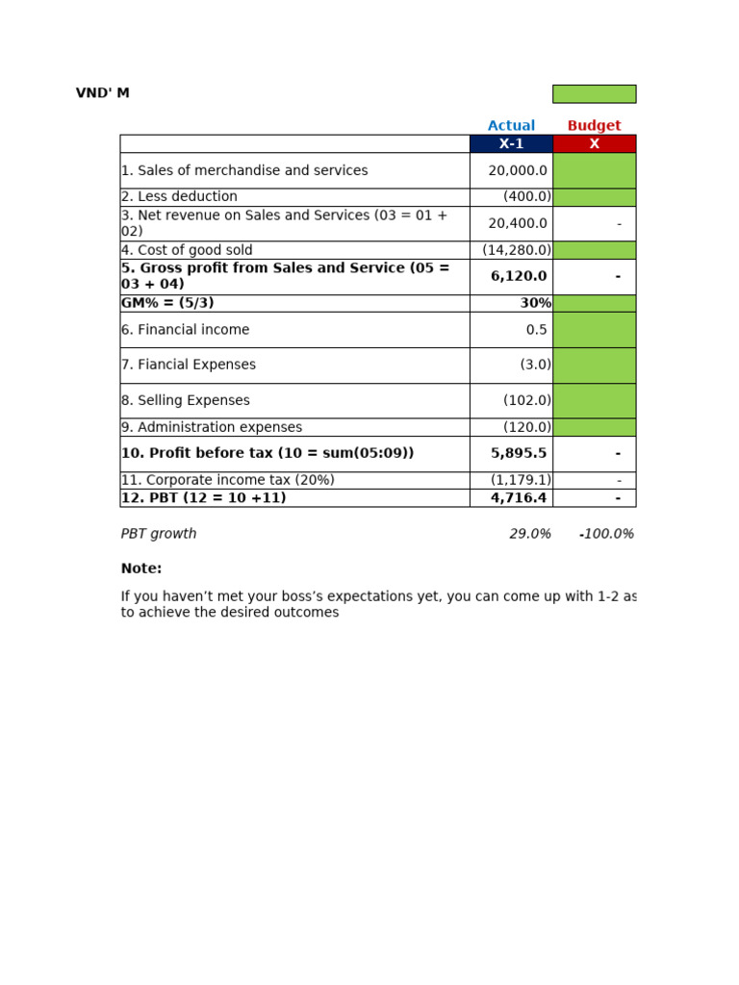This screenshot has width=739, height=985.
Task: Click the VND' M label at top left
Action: [102, 93]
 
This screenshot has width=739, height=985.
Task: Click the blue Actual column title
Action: [511, 126]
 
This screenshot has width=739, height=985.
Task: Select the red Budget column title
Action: [594, 126]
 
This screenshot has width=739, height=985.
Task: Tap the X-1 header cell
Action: [511, 144]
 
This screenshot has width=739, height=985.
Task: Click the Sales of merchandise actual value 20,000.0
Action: [518, 171]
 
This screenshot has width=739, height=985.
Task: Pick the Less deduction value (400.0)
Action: [526, 197]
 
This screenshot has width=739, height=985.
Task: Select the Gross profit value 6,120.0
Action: [519, 277]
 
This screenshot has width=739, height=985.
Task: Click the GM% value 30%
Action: [535, 304]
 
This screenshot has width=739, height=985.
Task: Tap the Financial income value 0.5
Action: [536, 330]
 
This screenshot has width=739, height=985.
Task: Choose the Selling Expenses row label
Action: [186, 401]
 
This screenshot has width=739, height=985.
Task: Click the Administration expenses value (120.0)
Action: [526, 428]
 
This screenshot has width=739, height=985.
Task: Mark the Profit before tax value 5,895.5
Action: [519, 454]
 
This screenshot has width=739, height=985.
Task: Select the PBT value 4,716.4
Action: [519, 498]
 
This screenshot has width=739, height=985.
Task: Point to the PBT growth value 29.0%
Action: [530, 535]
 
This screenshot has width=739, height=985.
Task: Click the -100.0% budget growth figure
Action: [606, 535]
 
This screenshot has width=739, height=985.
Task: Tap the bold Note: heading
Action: [141, 569]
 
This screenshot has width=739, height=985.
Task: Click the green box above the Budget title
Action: [594, 94]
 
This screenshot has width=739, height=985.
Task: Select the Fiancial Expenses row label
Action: [189, 366]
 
